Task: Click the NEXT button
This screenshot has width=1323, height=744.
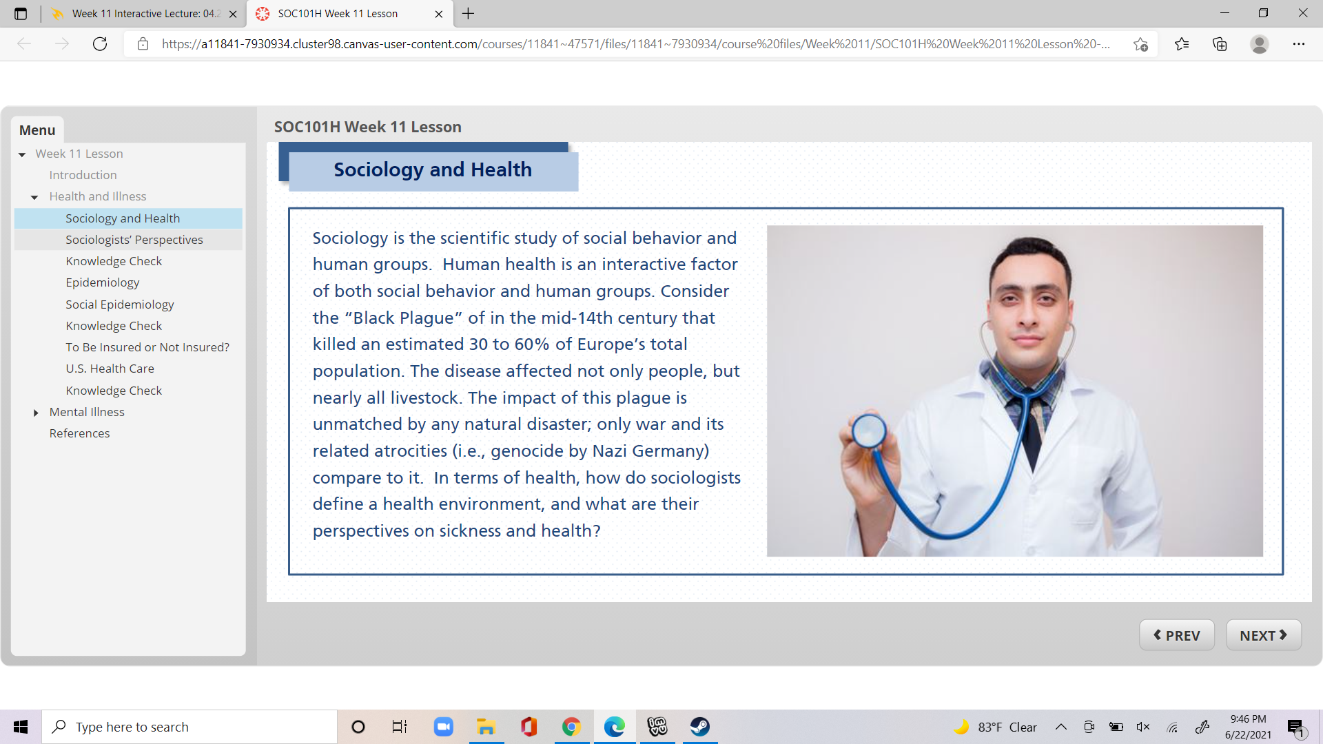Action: tap(1263, 635)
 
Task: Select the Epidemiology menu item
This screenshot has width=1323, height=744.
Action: tap(102, 282)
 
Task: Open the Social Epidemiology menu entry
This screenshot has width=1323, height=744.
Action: tap(119, 304)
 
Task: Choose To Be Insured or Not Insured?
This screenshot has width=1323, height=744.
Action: tap(147, 347)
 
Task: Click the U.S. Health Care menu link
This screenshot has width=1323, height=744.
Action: tap(110, 369)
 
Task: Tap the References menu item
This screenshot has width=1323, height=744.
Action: tap(79, 433)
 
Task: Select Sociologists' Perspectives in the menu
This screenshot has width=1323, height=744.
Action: tap(134, 240)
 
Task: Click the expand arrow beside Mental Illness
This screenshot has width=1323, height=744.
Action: tap(36, 413)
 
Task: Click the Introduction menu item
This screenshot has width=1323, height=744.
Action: tap(83, 175)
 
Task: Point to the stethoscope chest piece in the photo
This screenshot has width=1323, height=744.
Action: tap(869, 431)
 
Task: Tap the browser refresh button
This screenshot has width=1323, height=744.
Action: tap(100, 44)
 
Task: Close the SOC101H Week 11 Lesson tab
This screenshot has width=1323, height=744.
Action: tap(439, 14)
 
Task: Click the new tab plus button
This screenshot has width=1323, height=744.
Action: tap(469, 14)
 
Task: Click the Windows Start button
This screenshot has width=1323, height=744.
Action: tap(21, 727)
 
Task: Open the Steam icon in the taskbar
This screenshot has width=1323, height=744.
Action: tap(700, 726)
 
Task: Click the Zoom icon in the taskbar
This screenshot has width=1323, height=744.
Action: tap(443, 727)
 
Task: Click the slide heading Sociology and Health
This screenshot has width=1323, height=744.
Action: tap(433, 169)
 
